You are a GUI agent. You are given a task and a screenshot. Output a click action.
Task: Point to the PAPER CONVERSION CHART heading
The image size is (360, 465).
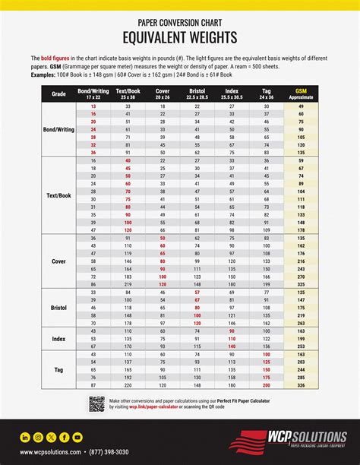point(180,22)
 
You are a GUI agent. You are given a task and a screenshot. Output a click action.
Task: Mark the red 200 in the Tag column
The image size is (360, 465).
point(267,385)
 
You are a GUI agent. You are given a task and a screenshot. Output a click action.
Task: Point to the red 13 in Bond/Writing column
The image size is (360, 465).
point(93,107)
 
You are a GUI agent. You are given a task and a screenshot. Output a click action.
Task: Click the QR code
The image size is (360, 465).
point(96,403)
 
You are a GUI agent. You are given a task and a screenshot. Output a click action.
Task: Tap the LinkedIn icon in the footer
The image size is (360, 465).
point(26,437)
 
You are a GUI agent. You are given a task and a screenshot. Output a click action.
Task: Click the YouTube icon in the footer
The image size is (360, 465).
point(77,437)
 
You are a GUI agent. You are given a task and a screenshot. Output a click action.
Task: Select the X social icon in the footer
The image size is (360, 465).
point(52,437)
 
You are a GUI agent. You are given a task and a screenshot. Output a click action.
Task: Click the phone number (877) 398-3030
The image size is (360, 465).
point(109,453)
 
